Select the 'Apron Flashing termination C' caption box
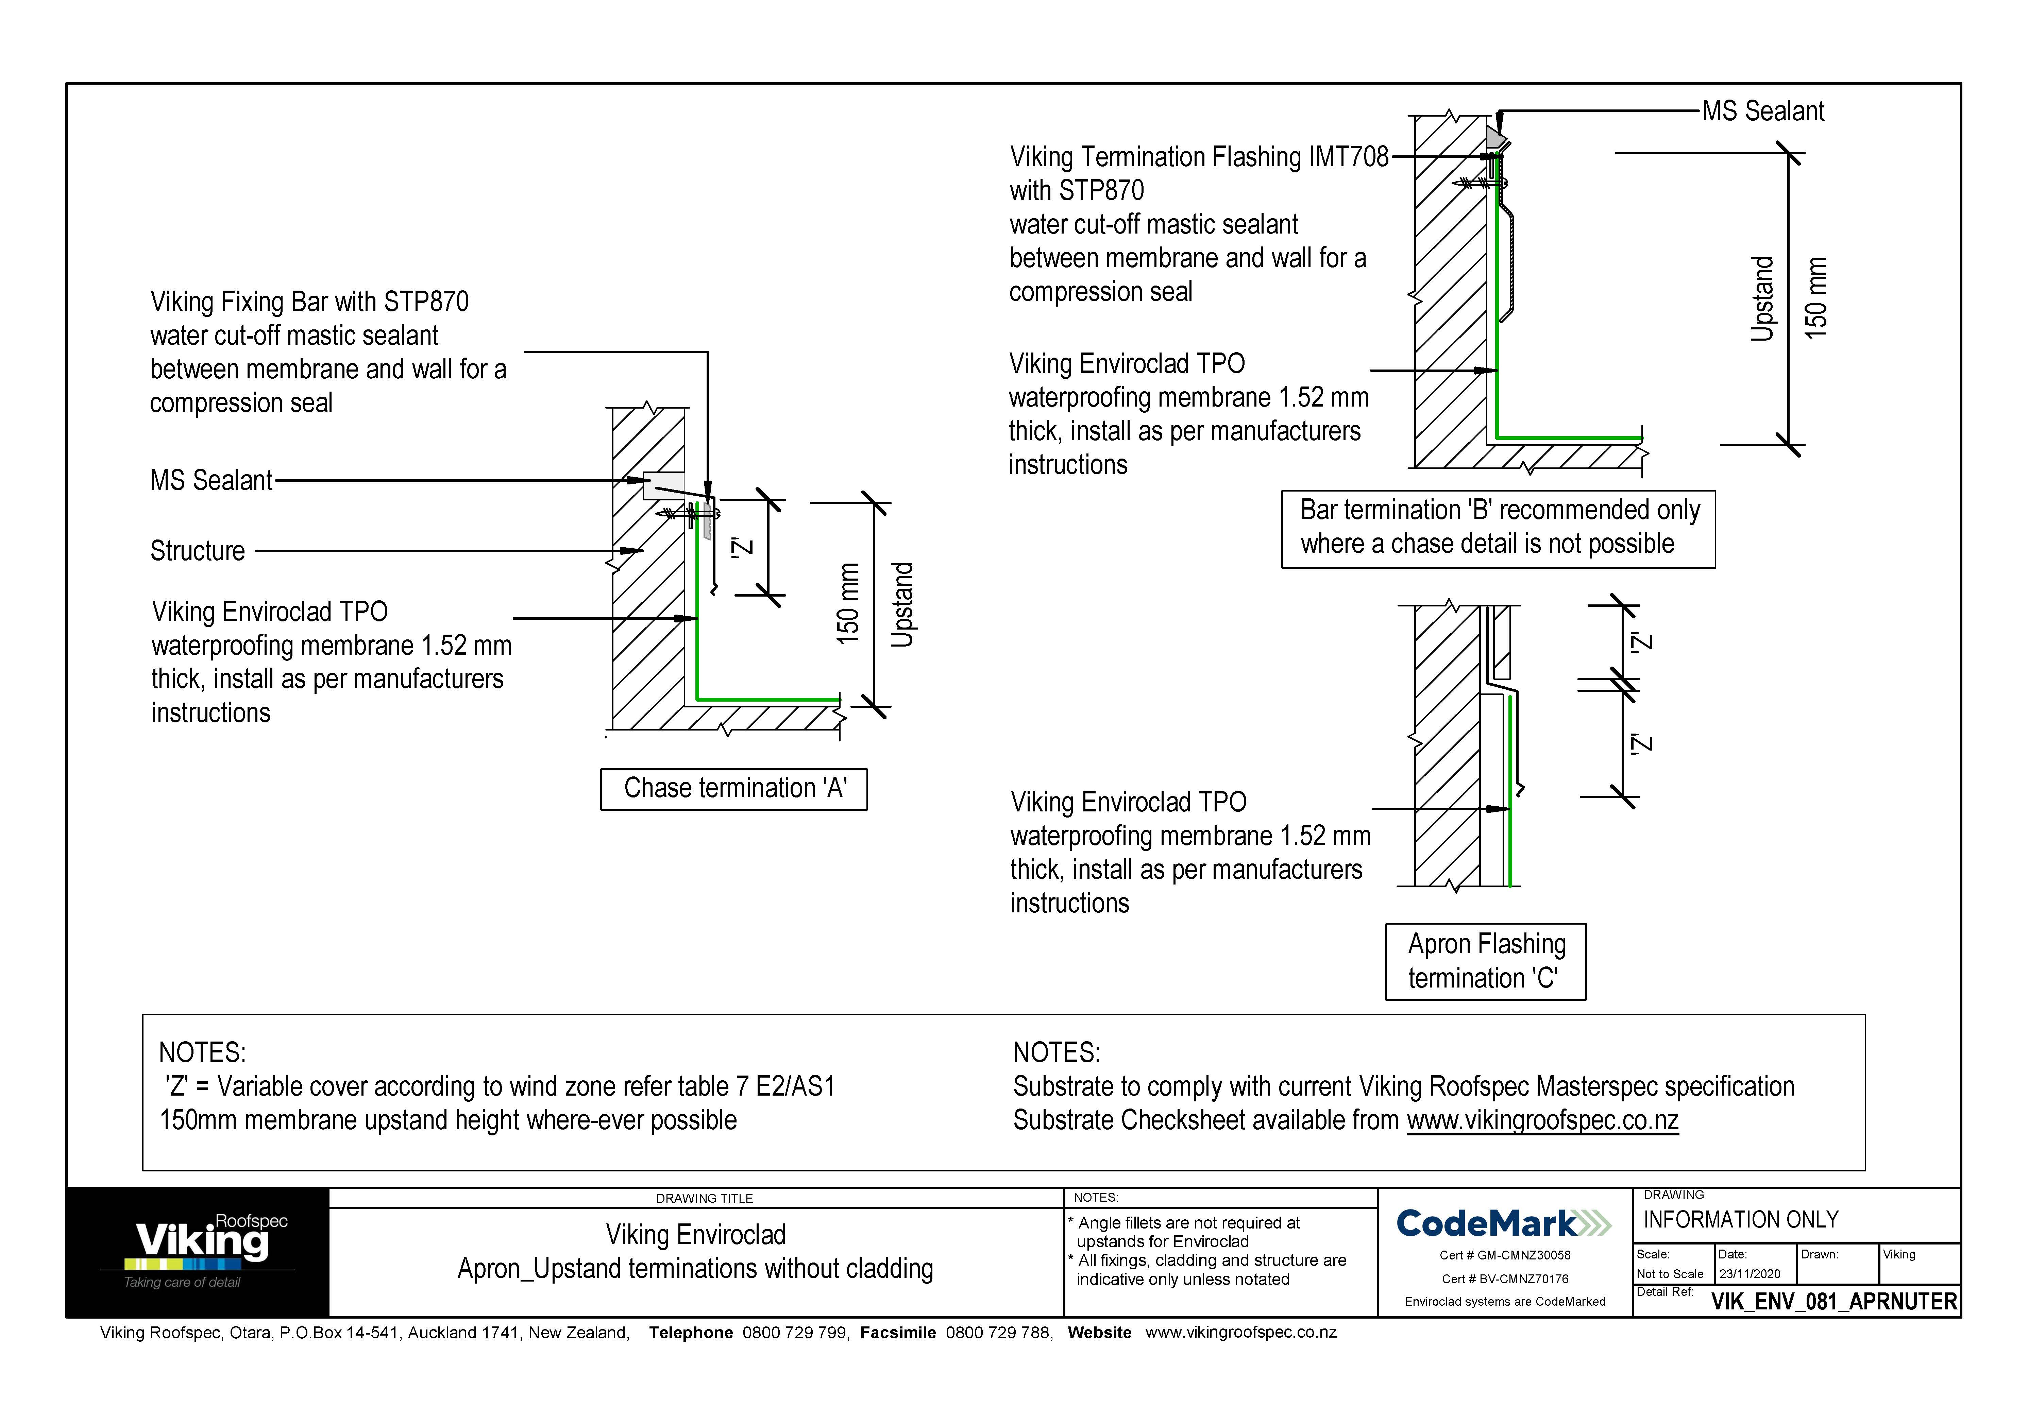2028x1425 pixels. [1486, 961]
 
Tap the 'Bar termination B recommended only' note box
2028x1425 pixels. [1498, 528]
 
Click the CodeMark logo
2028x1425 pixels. [1503, 1224]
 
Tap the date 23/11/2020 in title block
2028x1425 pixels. [1749, 1274]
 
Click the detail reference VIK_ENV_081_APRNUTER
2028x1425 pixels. [1834, 1302]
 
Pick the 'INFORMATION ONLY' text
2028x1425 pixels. [1740, 1220]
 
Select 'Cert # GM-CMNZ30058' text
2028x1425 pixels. [1504, 1255]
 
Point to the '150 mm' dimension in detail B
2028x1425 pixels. [1815, 298]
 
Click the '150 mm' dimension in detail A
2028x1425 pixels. [848, 604]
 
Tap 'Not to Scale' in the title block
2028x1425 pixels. [1669, 1274]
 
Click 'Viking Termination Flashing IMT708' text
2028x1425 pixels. [1199, 157]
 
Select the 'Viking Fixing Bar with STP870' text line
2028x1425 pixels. [309, 302]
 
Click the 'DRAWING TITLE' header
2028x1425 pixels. [704, 1198]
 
